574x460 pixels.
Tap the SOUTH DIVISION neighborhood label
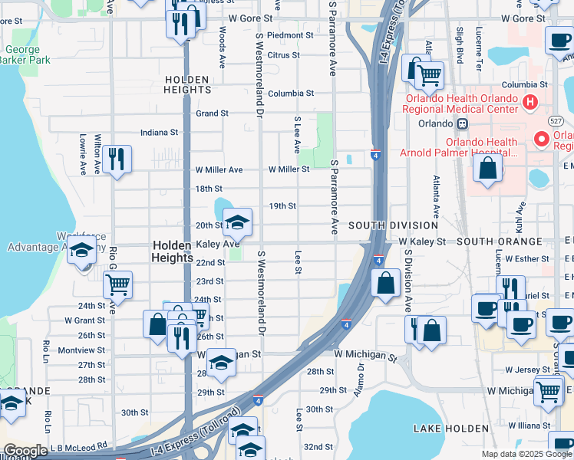coord(393,225)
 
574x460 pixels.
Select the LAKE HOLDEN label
coord(451,428)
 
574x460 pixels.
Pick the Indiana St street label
coord(159,132)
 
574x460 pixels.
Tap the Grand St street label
coord(212,113)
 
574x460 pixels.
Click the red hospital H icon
coord(529,102)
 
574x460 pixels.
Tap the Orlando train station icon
coord(463,123)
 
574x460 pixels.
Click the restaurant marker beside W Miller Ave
coord(117,159)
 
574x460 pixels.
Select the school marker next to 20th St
coord(238,222)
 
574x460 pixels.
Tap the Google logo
coord(26,451)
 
